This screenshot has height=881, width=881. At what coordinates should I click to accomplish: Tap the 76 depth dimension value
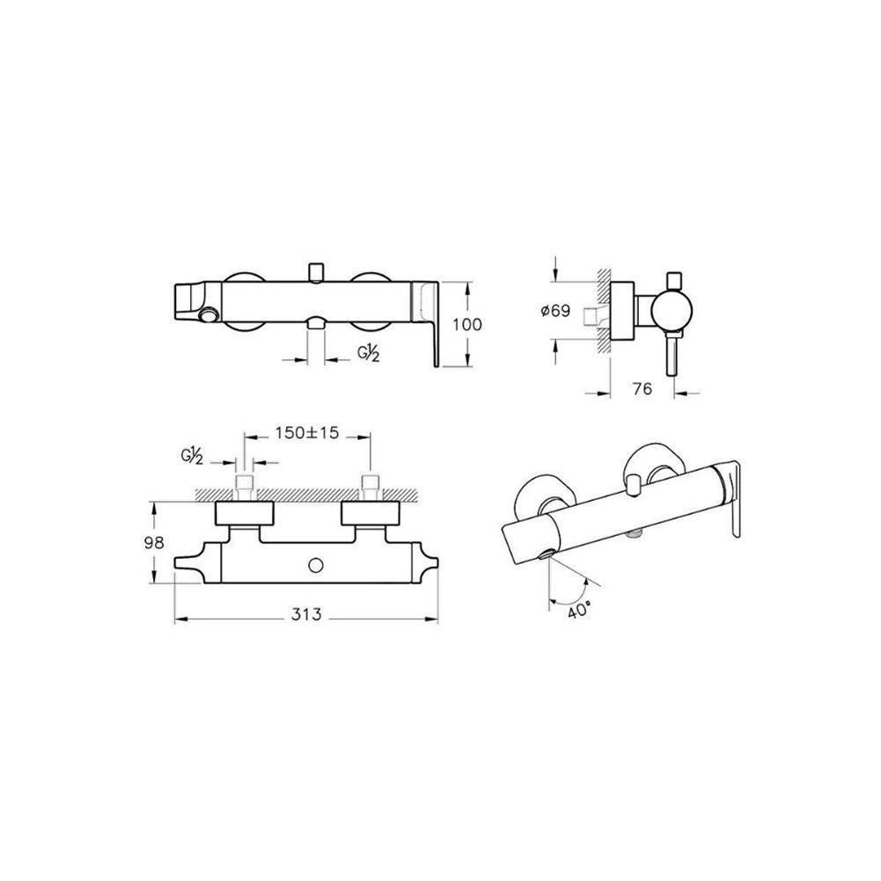coord(642,390)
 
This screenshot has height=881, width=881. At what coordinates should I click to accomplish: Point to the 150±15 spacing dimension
coord(306,435)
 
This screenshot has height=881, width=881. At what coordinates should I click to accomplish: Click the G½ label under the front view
coord(368,354)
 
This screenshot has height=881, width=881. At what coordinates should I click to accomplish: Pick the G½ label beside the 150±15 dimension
coord(192,457)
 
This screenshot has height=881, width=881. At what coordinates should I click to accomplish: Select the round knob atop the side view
coord(675,279)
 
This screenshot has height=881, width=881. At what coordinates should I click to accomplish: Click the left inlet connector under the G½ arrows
coord(246,484)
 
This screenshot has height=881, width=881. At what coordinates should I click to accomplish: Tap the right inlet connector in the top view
coord(370,484)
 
